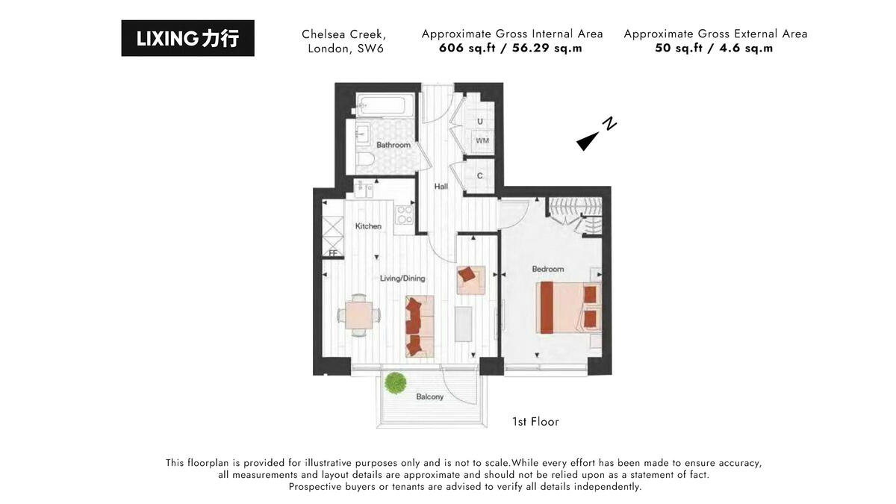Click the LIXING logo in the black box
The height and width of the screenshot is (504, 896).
pyautogui.click(x=187, y=38)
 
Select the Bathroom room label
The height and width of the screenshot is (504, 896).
pyautogui.click(x=393, y=145)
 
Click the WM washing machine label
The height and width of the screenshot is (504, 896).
pyautogui.click(x=482, y=140)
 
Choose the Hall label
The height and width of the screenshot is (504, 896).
pyautogui.click(x=441, y=186)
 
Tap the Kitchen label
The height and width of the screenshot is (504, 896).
pyautogui.click(x=368, y=226)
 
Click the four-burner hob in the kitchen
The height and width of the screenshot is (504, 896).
pyautogui.click(x=405, y=214)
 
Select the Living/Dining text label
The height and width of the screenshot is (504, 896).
pyautogui.click(x=402, y=279)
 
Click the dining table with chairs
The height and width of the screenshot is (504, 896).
pyautogui.click(x=358, y=314)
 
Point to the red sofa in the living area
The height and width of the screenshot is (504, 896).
pyautogui.click(x=419, y=325)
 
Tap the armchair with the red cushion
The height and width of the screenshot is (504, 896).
pyautogui.click(x=470, y=278)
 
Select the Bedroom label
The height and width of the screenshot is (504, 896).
pyautogui.click(x=547, y=269)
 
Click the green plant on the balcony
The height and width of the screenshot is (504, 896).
pyautogui.click(x=394, y=383)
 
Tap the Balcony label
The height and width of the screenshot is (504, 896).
pyautogui.click(x=429, y=396)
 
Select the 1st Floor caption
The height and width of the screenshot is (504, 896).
pyautogui.click(x=535, y=422)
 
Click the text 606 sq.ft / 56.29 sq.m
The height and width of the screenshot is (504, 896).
pyautogui.click(x=511, y=49)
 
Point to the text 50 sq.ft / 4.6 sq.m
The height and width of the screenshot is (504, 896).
pyautogui.click(x=715, y=49)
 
